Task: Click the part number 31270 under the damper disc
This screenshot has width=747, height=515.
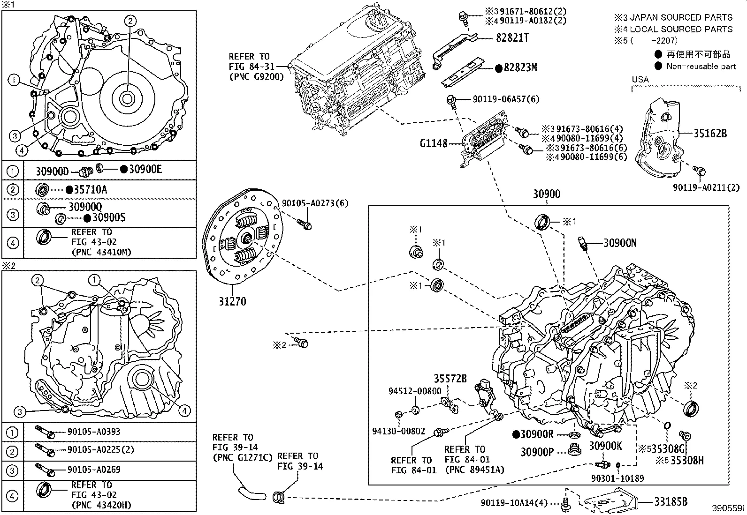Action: click(x=232, y=301)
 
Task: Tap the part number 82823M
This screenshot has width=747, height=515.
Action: click(x=520, y=67)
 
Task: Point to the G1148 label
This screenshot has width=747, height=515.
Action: click(x=434, y=143)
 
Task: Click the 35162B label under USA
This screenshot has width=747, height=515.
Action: click(x=710, y=134)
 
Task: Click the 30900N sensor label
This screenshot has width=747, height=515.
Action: click(x=620, y=243)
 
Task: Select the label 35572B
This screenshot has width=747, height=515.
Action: click(x=450, y=379)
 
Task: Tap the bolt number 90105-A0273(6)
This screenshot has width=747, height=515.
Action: click(x=315, y=203)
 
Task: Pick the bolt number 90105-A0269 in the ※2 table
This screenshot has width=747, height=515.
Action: click(x=94, y=470)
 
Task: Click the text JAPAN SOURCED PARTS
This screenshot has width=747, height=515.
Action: click(x=680, y=17)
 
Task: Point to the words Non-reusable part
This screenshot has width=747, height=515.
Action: click(x=701, y=66)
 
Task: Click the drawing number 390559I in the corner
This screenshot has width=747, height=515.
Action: click(x=728, y=508)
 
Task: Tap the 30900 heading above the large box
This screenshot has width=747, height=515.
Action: click(x=546, y=194)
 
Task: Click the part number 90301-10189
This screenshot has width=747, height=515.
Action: click(x=617, y=478)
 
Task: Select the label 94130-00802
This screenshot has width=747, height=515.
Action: click(x=398, y=431)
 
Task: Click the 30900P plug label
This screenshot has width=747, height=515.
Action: click(x=537, y=452)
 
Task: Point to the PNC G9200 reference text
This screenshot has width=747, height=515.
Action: click(x=256, y=77)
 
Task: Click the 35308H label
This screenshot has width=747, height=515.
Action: click(x=686, y=461)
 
